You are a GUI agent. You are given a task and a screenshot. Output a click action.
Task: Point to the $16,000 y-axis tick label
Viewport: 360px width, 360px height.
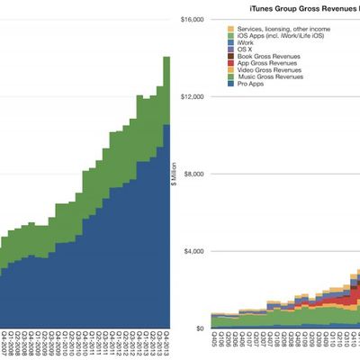[x=193, y=20]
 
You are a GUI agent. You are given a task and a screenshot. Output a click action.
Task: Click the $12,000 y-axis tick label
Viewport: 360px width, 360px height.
[x=193, y=96]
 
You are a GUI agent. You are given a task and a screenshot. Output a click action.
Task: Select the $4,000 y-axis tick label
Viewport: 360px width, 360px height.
[x=195, y=251]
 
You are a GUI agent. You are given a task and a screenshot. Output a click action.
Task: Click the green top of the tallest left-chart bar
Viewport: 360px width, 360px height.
[x=166, y=90]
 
